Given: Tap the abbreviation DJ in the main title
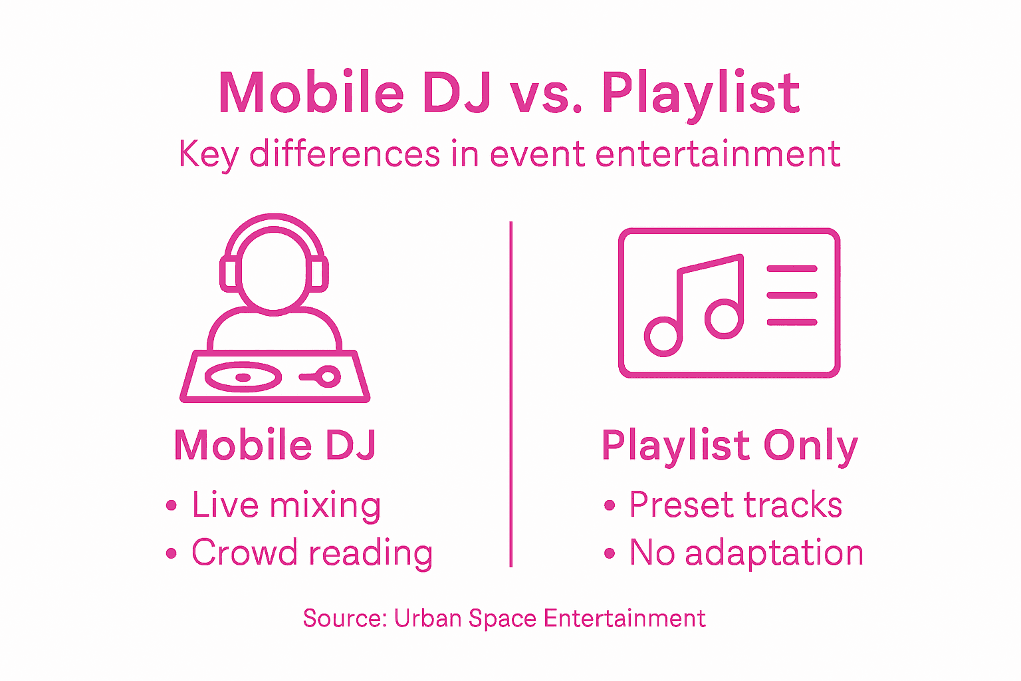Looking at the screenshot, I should click(457, 93).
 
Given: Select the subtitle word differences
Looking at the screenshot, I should click(344, 154).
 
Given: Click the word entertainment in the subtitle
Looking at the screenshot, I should click(718, 154).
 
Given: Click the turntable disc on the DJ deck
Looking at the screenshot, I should click(243, 377).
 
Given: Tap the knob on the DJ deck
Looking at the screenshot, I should click(327, 377).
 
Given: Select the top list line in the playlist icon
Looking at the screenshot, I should click(792, 269).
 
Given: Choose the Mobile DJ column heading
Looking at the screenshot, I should click(275, 445).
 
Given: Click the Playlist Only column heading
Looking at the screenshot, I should click(729, 446).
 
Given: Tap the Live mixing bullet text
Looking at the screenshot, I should click(286, 505).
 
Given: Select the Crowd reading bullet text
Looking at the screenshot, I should click(312, 553).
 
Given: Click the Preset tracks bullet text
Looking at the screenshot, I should click(735, 505).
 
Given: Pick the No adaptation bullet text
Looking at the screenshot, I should click(746, 553).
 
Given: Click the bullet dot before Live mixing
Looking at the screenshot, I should click(171, 506).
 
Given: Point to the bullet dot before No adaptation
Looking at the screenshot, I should click(610, 553).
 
